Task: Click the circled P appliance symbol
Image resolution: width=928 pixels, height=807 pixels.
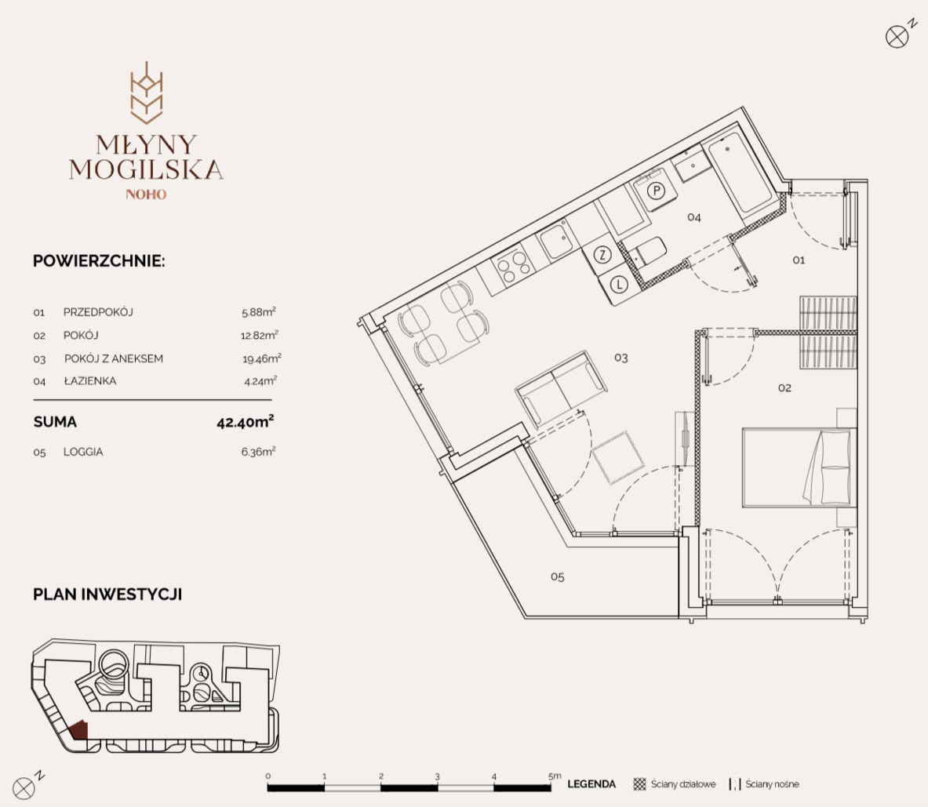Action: pos(656,191)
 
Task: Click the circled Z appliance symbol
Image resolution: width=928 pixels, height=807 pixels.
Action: pos(602,255)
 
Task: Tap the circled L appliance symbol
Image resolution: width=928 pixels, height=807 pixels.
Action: pos(619,285)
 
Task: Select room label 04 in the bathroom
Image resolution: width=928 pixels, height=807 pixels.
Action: pos(693,218)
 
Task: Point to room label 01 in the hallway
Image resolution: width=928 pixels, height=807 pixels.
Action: pos(799,260)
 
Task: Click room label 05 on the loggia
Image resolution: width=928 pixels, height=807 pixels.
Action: pos(557,576)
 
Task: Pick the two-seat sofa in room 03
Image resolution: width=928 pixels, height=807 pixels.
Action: pos(561,388)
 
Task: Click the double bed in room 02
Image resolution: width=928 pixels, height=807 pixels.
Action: pos(799,467)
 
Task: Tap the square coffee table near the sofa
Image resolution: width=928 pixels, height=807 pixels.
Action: pos(617,457)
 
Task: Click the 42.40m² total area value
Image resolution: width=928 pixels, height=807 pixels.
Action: pos(245,421)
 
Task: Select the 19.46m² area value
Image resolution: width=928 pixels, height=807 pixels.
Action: pos(261,358)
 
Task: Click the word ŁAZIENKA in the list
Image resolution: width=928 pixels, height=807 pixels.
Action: pos(90,381)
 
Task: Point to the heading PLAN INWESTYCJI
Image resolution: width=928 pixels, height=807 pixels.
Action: pos(107,594)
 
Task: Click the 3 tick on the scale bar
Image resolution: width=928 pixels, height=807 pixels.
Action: pos(438,776)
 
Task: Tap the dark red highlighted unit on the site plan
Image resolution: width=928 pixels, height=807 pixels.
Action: pos(78,730)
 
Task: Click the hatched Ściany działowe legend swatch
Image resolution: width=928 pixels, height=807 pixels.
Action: pos(639,784)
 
